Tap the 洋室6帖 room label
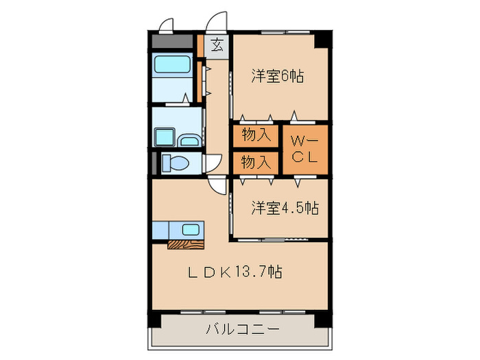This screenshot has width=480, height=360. (x=277, y=77)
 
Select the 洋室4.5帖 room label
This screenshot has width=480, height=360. (x=284, y=206)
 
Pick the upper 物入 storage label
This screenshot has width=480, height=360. (x=255, y=135)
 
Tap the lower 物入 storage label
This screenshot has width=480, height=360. (x=255, y=163)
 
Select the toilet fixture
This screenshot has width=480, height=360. (x=180, y=163)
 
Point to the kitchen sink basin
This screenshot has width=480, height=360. (x=190, y=229)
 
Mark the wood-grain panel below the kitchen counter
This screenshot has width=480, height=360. (x=186, y=243)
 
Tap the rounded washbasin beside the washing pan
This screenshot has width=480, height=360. (x=189, y=141)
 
